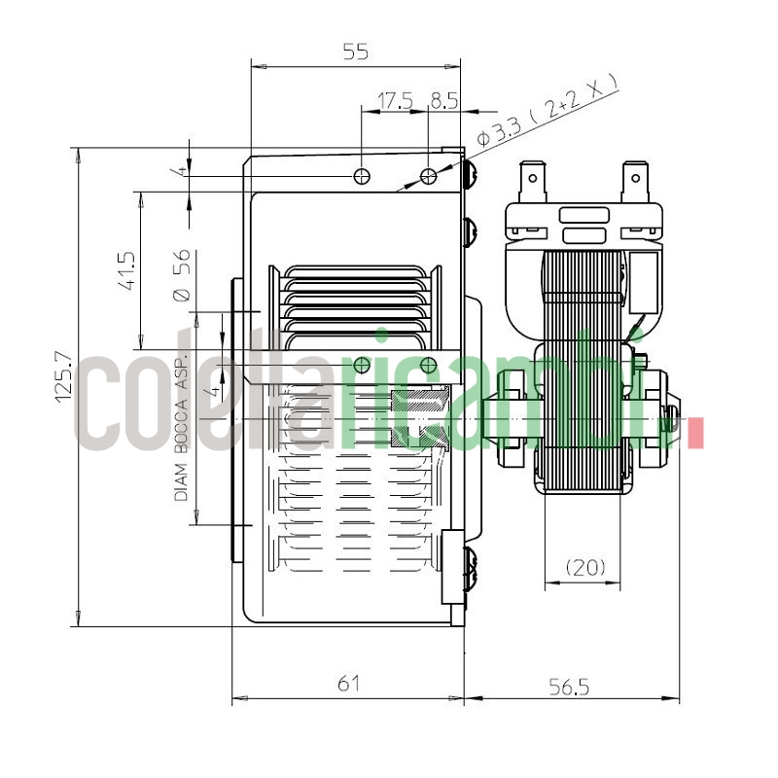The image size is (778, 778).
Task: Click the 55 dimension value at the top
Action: pyautogui.click(x=356, y=53)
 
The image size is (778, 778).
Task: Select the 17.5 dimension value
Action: pyautogui.click(x=395, y=99)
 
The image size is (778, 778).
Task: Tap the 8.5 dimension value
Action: pyautogui.click(x=443, y=99)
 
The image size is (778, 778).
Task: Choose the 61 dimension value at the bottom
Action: pyautogui.click(x=348, y=684)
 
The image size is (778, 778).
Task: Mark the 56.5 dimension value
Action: pyautogui.click(x=569, y=687)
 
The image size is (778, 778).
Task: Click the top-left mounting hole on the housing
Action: pyautogui.click(x=362, y=176)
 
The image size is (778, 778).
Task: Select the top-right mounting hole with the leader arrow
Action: pyautogui.click(x=428, y=176)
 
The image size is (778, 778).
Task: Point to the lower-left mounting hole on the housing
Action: pyautogui.click(x=362, y=365)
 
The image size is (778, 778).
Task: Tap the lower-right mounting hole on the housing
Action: pyautogui.click(x=428, y=365)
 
